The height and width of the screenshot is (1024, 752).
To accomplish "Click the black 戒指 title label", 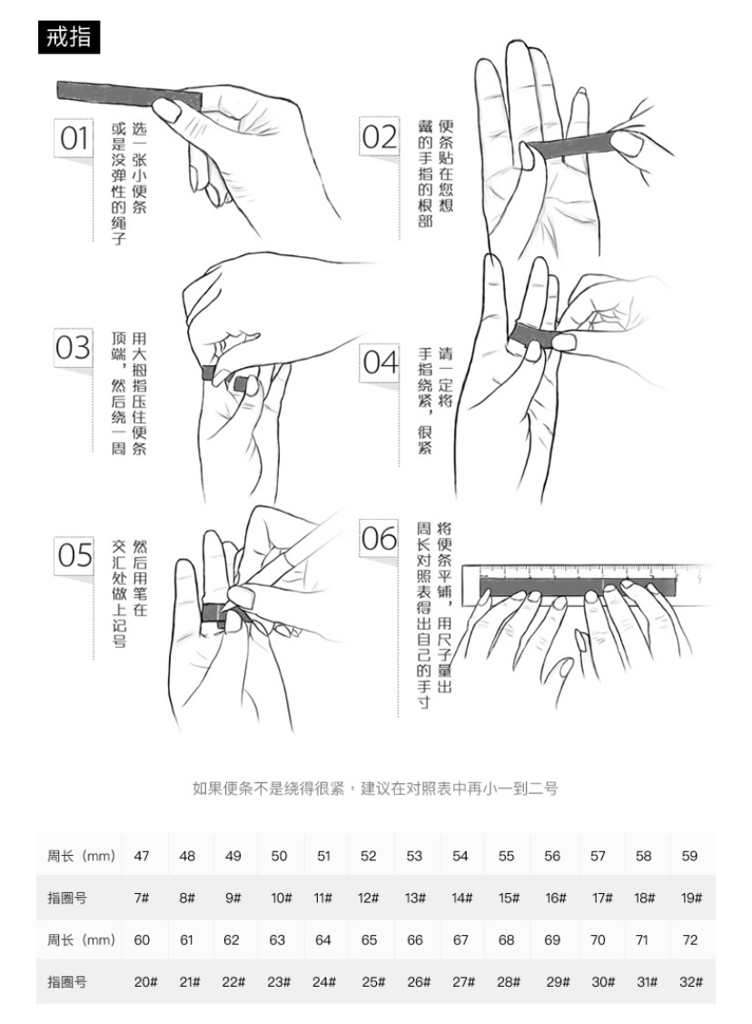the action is pyautogui.click(x=68, y=36).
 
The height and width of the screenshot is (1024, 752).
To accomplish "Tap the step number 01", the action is pyautogui.click(x=74, y=138).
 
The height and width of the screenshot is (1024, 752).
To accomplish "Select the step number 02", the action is pyautogui.click(x=380, y=137).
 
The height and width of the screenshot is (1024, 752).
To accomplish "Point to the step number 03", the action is pyautogui.click(x=73, y=347).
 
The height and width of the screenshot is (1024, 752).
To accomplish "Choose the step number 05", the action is pyautogui.click(x=74, y=556).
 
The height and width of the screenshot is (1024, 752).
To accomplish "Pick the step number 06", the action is pyautogui.click(x=380, y=539).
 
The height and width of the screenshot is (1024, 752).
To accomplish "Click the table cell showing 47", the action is pyautogui.click(x=142, y=856).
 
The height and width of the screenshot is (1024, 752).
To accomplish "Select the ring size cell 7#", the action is pyautogui.click(x=142, y=898).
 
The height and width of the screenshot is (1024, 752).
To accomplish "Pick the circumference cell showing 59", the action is pyautogui.click(x=689, y=856).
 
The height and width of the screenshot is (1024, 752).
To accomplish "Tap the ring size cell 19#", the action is pyautogui.click(x=691, y=898).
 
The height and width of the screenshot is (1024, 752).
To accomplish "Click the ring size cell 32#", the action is pyautogui.click(x=691, y=981).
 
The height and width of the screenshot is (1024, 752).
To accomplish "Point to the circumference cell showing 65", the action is pyautogui.click(x=369, y=939).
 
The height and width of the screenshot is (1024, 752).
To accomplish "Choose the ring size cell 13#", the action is pyautogui.click(x=415, y=898).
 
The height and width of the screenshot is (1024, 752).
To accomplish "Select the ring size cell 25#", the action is pyautogui.click(x=373, y=981).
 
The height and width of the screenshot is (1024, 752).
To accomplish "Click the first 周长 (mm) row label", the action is pyautogui.click(x=81, y=856).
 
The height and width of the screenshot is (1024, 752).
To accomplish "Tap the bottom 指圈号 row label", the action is pyautogui.click(x=67, y=981).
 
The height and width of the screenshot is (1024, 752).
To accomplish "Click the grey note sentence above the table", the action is pyautogui.click(x=375, y=789).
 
